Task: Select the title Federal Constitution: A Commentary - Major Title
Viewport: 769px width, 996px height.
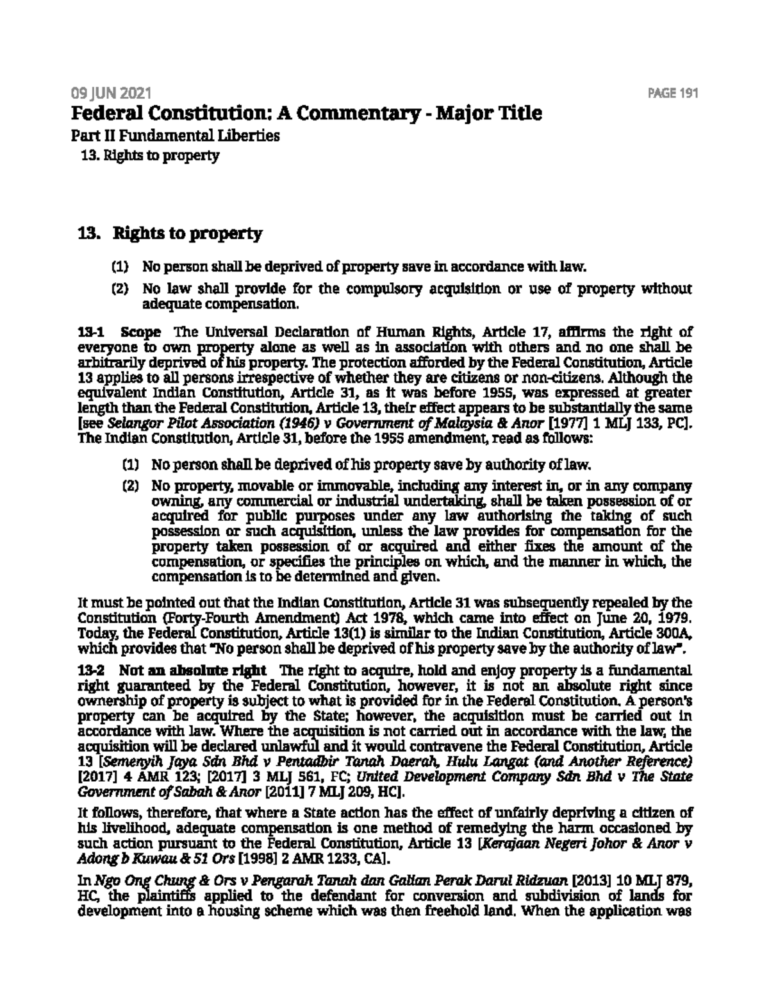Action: pyautogui.click(x=306, y=114)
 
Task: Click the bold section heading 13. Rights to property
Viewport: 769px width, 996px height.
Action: pyautogui.click(x=170, y=233)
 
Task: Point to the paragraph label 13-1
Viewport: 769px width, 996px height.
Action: pyautogui.click(x=87, y=333)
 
